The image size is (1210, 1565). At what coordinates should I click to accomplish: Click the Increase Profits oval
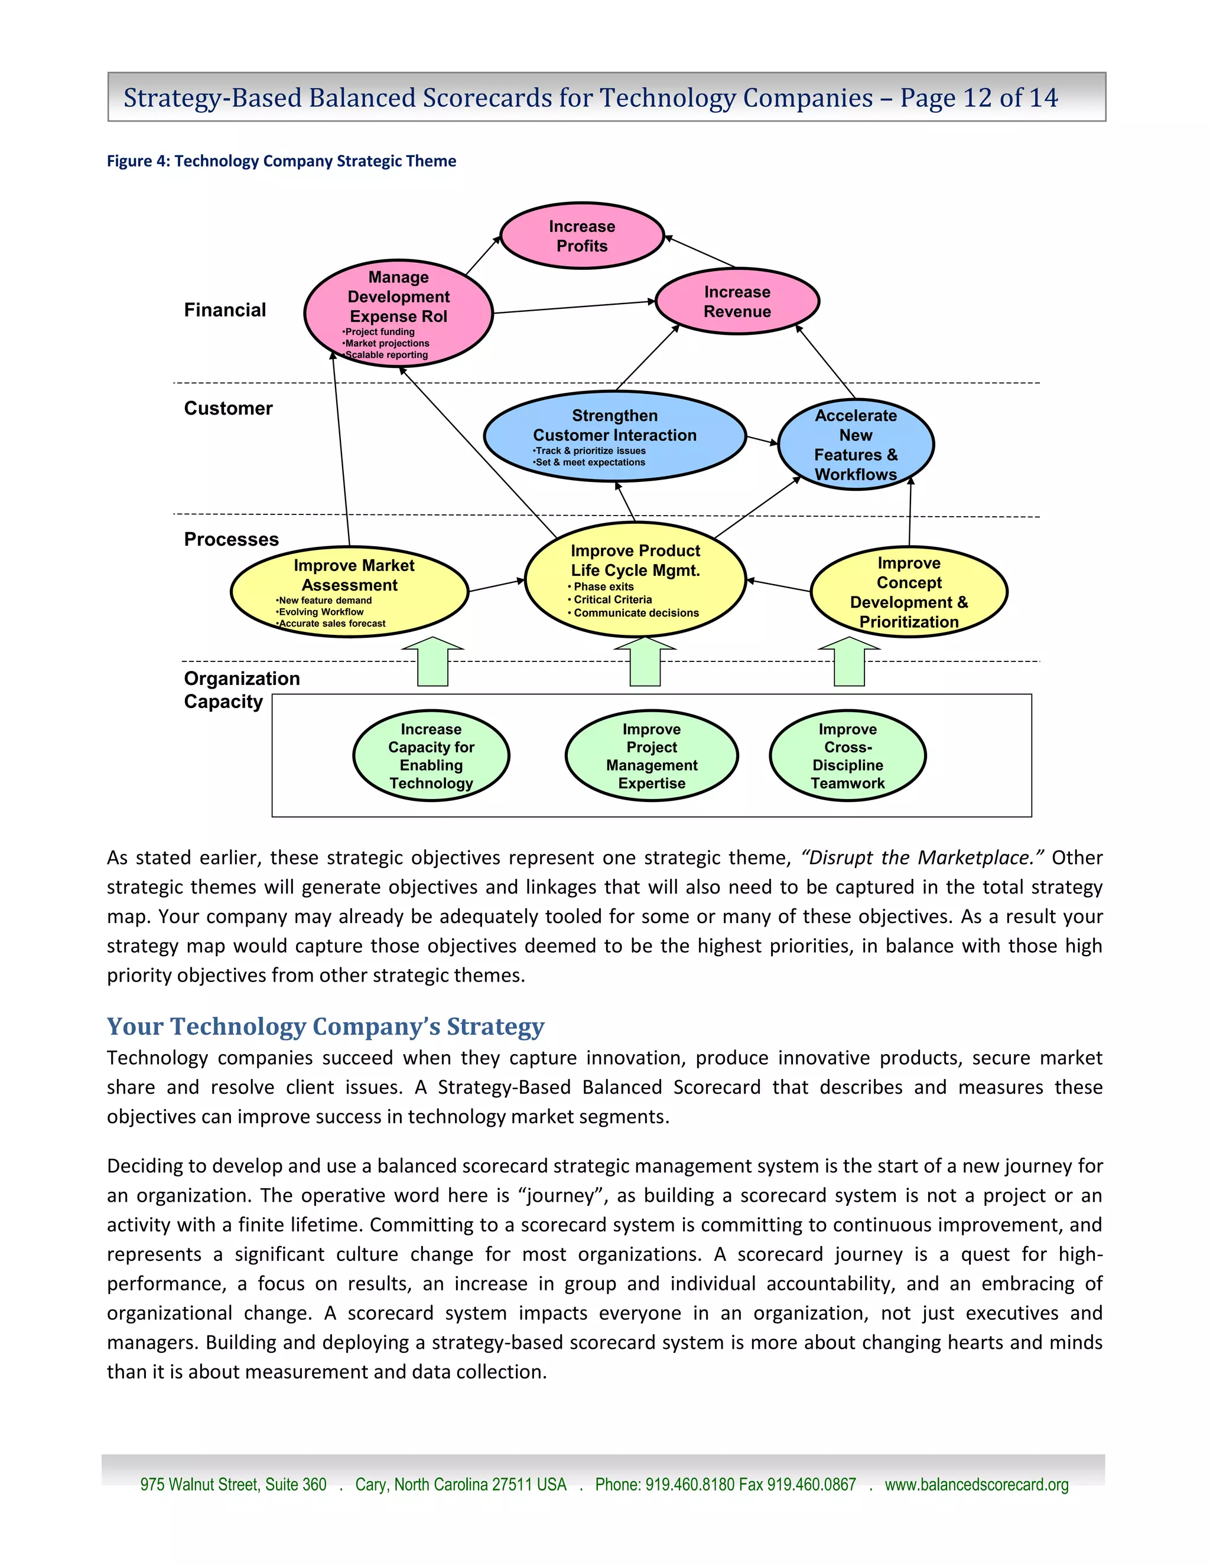click(x=581, y=236)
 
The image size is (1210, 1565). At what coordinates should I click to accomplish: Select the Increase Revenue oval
click(x=737, y=302)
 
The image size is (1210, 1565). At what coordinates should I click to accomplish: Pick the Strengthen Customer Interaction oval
click(x=614, y=436)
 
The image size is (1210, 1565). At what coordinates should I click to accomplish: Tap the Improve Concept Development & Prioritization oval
click(x=908, y=592)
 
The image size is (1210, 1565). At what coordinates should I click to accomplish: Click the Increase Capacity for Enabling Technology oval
click(x=431, y=755)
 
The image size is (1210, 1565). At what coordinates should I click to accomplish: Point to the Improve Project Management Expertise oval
click(x=651, y=755)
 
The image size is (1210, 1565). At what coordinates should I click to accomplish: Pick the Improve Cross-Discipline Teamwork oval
click(x=847, y=755)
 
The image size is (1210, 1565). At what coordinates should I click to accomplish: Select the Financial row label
click(x=225, y=309)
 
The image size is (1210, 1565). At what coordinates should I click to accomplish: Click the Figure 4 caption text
click(x=281, y=161)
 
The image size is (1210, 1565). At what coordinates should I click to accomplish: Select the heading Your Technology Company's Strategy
click(x=326, y=1026)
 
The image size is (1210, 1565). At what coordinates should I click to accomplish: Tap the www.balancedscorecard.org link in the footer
click(x=976, y=1484)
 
